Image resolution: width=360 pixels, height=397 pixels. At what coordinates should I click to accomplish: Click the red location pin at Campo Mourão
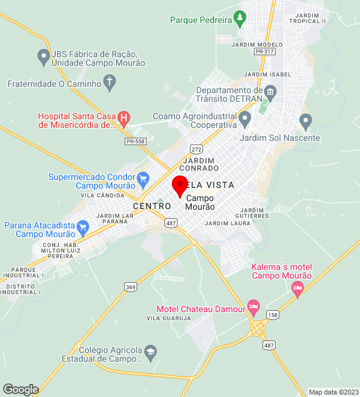(180, 185)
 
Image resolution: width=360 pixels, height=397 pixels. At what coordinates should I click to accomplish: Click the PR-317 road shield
(264, 51)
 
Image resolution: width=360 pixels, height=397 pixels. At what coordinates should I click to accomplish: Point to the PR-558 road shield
(135, 141)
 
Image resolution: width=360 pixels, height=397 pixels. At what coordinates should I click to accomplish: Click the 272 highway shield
(197, 149)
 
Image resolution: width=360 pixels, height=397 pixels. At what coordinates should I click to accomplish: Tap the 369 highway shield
(130, 287)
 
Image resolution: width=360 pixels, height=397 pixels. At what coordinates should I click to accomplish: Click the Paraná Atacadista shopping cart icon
(83, 230)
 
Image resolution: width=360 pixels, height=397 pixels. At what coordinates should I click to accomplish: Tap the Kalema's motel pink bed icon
(297, 287)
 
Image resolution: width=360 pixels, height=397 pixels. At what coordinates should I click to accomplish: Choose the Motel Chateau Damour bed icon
(253, 306)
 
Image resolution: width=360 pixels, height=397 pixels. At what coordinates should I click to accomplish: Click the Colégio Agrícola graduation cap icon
(150, 354)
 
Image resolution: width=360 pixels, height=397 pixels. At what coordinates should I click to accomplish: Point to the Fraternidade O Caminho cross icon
(110, 81)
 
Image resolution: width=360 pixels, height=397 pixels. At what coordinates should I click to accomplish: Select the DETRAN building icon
(270, 93)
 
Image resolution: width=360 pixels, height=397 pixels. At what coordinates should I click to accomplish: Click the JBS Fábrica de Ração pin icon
(43, 57)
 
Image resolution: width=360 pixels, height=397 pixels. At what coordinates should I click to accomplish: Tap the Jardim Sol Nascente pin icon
(305, 120)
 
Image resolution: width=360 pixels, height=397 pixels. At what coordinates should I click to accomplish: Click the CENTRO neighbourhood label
(151, 206)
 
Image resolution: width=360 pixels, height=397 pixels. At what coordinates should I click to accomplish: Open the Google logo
(20, 389)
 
